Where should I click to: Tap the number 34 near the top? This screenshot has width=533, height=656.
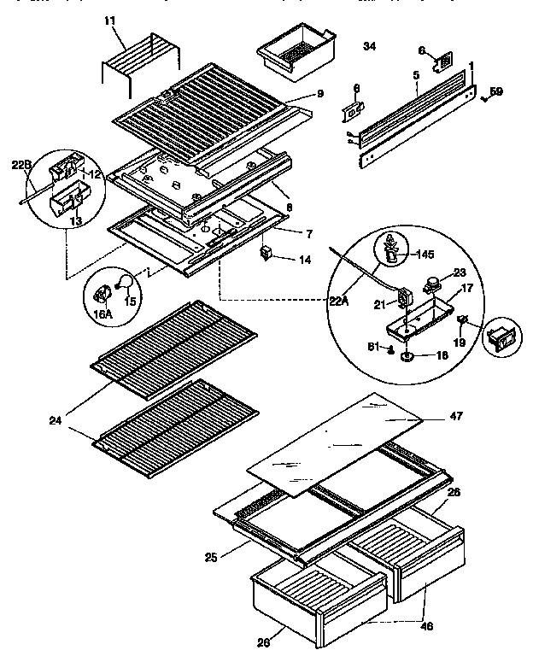tap(369, 46)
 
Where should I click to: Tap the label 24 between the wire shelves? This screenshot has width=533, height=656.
tap(57, 419)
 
